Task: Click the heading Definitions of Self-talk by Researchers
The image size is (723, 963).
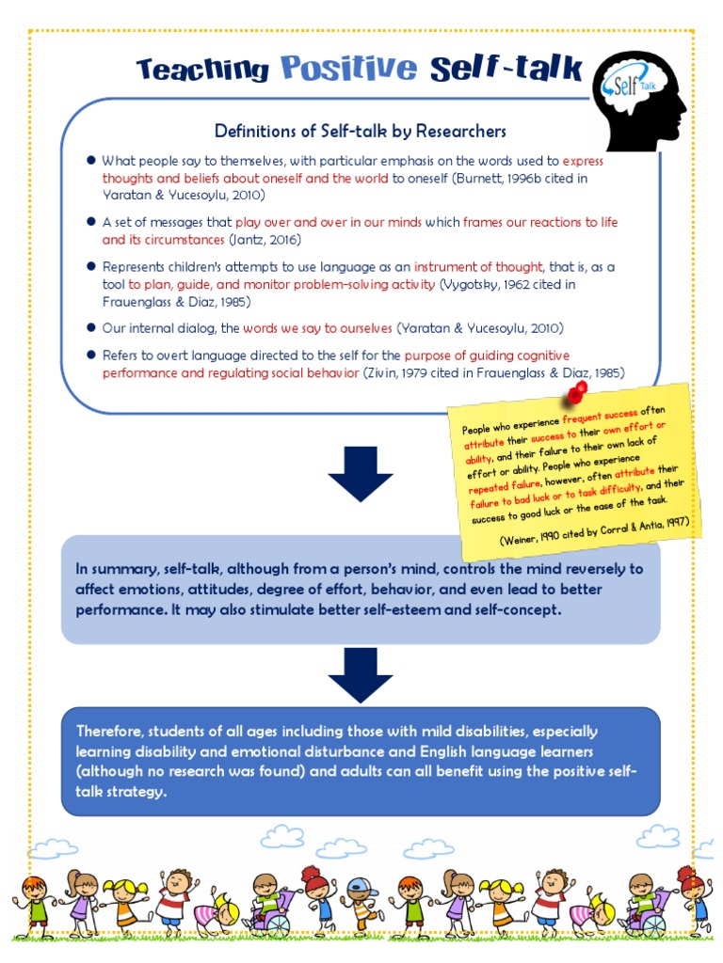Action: point(361,131)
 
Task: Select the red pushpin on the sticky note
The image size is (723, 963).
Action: point(576,392)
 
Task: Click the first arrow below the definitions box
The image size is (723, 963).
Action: point(361,473)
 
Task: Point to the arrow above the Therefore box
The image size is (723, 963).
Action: point(361,674)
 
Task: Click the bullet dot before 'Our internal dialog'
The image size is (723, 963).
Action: point(91,327)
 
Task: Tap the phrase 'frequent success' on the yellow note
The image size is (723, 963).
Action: point(601,415)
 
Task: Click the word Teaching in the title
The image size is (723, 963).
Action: point(202,69)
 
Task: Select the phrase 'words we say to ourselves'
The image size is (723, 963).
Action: point(317,328)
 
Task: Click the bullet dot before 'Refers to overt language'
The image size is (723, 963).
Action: point(91,355)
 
